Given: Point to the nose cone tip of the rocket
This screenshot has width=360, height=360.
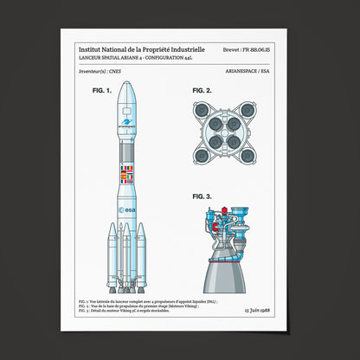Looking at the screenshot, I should pos(126,84).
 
